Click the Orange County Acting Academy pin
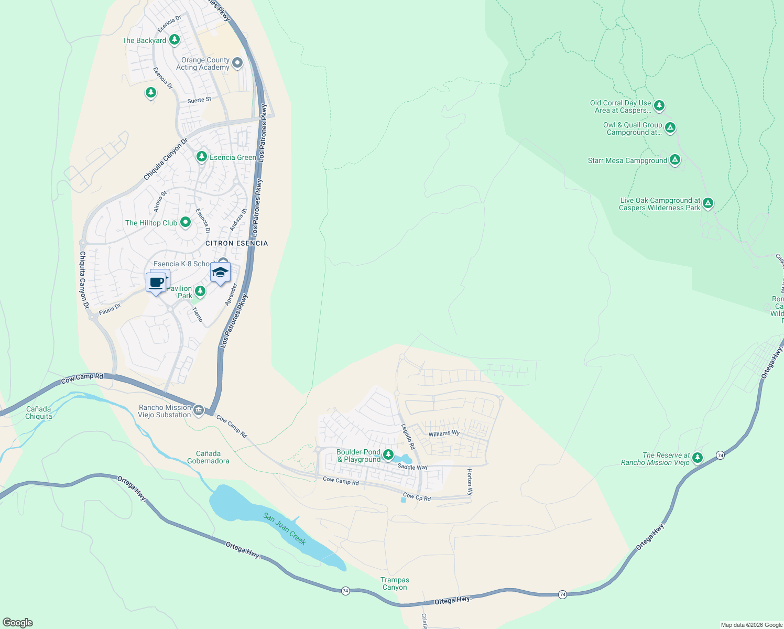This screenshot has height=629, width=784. pos(237,63)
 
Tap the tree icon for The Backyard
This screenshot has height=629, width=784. pos(175,40)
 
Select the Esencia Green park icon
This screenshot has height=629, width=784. pos(201,157)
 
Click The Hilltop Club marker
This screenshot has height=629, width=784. pos(185,222)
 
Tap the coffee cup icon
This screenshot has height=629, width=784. pos(156,283)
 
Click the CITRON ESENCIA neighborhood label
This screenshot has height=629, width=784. pos(236,243)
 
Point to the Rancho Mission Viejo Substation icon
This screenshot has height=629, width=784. pos(199,410)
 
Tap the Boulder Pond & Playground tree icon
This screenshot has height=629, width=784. pos(388,454)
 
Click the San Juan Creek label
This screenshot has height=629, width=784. pos(285,529)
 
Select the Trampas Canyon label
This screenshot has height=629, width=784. pos(395,583)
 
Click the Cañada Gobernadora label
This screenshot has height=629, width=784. pos(208,457)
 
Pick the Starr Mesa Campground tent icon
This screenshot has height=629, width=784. pos(675,160)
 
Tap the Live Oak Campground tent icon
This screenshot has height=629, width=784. pos(708,203)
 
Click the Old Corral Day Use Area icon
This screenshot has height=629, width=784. pos(659,105)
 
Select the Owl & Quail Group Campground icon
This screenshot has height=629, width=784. pos(670,127)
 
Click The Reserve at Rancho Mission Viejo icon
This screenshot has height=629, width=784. pos(697,458)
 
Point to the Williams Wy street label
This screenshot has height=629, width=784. pos(443,433)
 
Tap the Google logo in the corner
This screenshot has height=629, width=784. pos(18,622)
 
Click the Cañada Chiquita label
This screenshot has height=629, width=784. pos(39,413)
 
